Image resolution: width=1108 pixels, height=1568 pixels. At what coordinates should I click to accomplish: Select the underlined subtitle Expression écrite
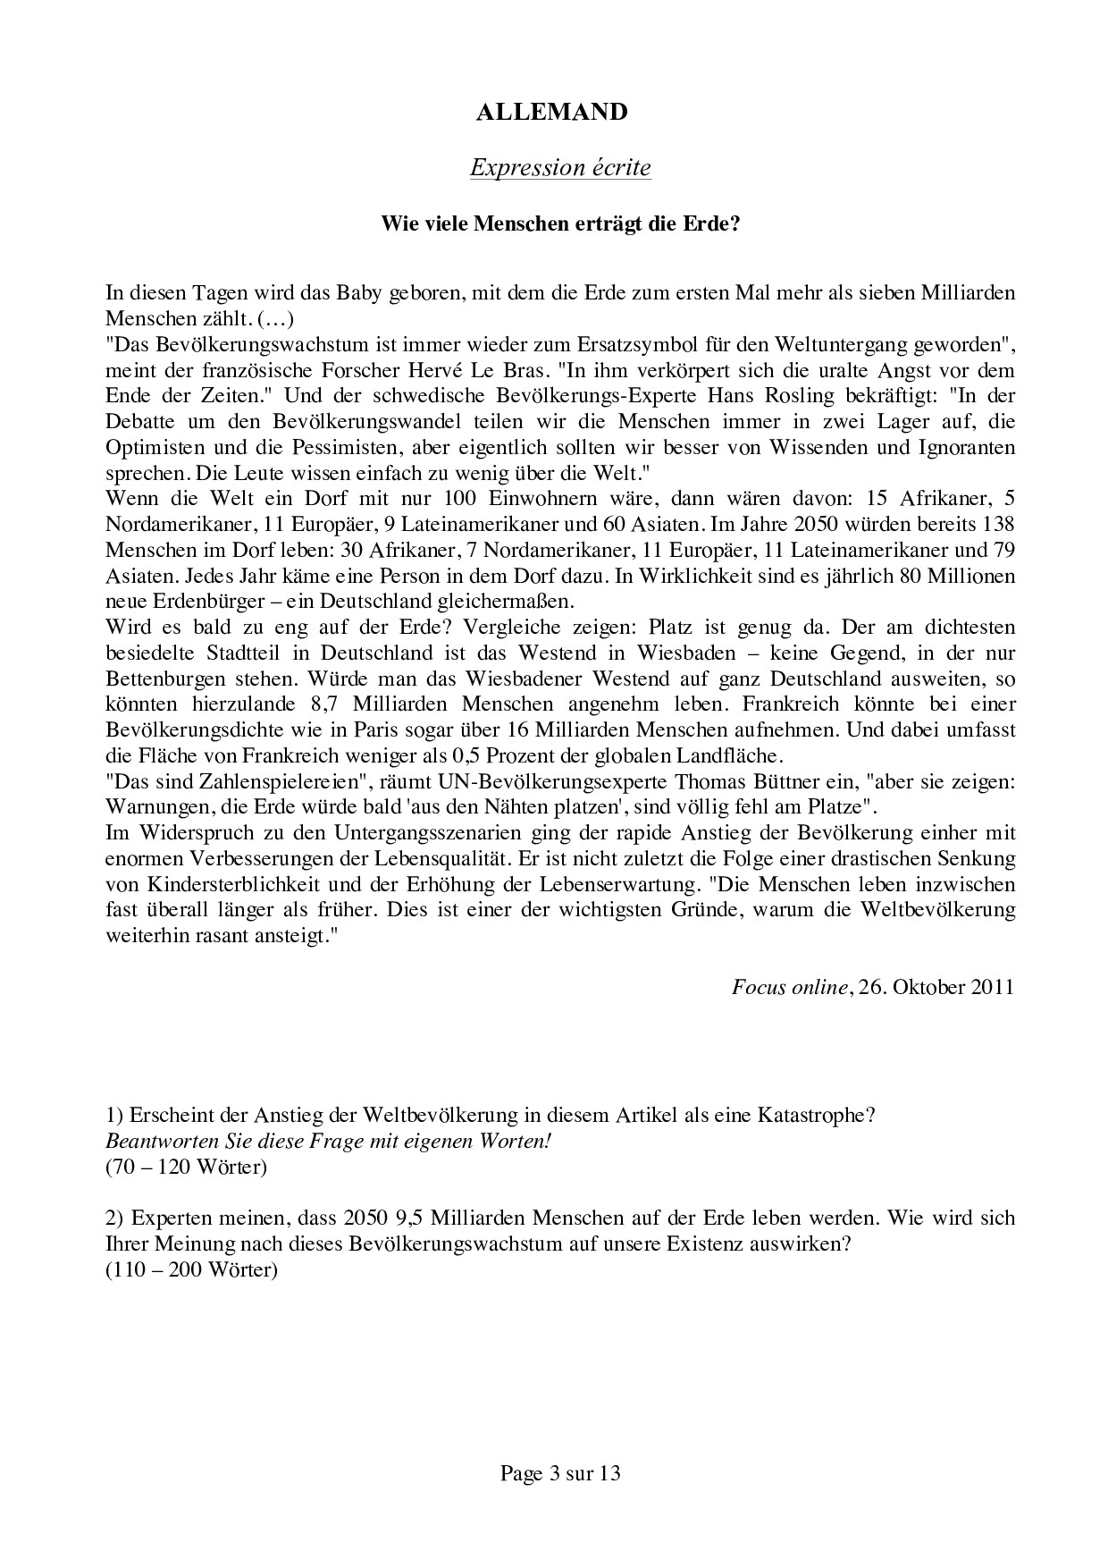point(560,167)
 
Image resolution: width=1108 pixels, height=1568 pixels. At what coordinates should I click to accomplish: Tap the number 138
point(998,524)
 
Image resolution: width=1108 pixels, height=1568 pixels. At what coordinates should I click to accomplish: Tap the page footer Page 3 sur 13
point(560,1473)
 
